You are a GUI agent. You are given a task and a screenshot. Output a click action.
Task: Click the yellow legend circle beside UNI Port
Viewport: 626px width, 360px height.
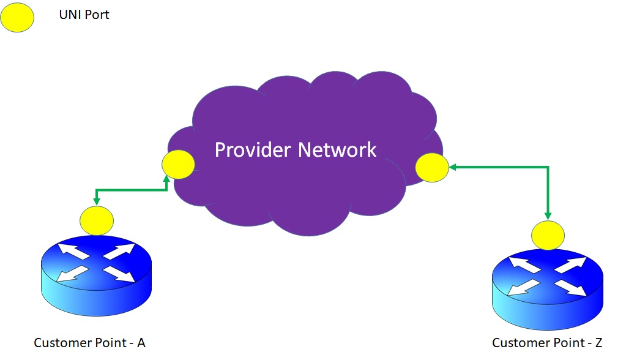click(x=17, y=18)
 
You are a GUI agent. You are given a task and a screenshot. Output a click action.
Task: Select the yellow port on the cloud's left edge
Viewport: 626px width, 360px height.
click(x=178, y=165)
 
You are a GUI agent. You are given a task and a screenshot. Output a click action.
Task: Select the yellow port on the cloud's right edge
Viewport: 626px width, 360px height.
click(x=432, y=167)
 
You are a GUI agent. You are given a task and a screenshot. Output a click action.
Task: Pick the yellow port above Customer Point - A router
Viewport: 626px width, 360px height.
click(x=97, y=221)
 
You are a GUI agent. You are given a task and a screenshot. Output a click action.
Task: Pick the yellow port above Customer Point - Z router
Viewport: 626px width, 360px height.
click(x=548, y=235)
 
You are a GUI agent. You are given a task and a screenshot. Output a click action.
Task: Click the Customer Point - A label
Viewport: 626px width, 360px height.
click(x=89, y=343)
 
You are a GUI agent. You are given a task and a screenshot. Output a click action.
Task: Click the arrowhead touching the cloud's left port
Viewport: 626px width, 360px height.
click(x=167, y=178)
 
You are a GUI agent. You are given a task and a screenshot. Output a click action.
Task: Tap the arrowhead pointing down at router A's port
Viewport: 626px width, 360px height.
click(x=96, y=201)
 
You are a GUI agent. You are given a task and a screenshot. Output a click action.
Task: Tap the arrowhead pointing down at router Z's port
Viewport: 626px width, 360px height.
click(x=548, y=216)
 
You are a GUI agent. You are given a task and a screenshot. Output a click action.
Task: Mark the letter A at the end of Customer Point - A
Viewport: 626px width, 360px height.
click(x=141, y=343)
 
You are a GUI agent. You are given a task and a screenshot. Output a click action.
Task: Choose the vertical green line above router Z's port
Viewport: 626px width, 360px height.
click(x=548, y=190)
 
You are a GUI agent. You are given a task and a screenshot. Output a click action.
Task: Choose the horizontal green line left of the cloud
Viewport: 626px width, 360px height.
click(x=132, y=190)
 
